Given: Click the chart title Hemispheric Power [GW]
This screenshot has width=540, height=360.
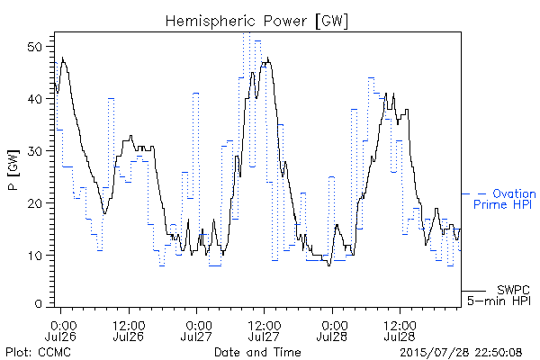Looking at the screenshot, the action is tap(256, 22).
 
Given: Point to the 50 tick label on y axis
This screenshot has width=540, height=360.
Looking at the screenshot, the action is tap(35, 47).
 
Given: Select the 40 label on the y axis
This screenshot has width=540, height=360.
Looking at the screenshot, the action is tap(35, 99).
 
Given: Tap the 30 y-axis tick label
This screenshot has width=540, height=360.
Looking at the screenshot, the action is tap(35, 151).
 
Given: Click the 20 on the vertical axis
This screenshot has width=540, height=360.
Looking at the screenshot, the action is tap(35, 202).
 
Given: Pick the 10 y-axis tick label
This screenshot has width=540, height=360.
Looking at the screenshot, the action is tap(35, 256).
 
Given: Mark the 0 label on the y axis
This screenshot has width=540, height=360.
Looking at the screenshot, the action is tap(39, 304).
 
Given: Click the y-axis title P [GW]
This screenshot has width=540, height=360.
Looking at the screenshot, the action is tap(13, 170).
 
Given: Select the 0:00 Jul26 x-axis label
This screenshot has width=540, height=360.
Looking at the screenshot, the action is tap(60, 331).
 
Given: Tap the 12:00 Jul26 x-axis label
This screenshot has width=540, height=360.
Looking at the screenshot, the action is tap(129, 331).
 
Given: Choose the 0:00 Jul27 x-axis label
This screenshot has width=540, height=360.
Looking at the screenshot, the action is tap(196, 331).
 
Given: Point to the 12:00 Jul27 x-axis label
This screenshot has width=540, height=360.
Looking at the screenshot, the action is tap(264, 331).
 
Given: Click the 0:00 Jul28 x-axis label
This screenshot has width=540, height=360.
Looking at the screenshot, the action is tap(332, 331).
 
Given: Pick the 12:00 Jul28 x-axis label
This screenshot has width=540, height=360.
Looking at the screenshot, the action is tap(400, 331).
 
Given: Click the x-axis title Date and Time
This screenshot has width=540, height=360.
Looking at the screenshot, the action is tap(257, 353).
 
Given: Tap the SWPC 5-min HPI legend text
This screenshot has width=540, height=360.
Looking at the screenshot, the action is tap(499, 295).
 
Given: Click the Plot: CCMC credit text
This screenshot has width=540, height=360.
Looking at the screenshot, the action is tap(38, 353).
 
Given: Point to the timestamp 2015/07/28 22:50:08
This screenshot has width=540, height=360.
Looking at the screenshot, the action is tap(461, 353).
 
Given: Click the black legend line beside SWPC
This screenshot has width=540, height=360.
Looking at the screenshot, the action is tap(473, 291).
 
